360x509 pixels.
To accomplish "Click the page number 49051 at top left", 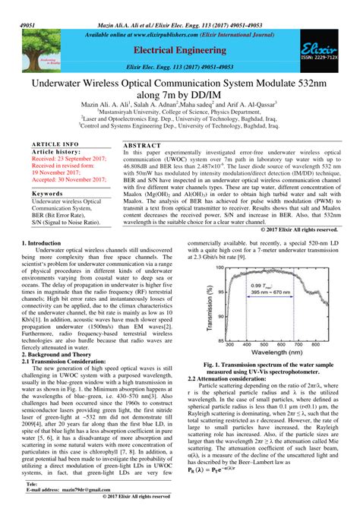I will (11, 5).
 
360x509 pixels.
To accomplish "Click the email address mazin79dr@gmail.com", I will (73, 490).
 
